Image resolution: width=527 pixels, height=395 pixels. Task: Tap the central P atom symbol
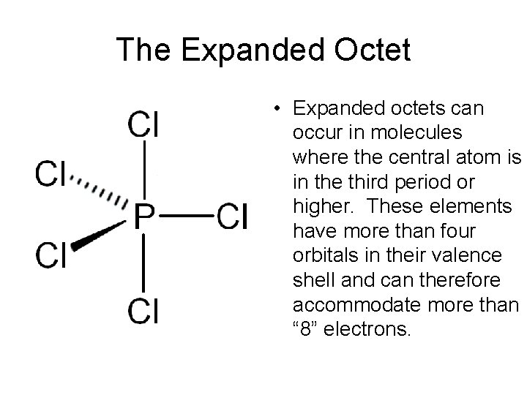(144, 216)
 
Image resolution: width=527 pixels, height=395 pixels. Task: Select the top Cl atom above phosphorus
(143, 124)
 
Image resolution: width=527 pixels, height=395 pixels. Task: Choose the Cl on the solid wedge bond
(52, 255)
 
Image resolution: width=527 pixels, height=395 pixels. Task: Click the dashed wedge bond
(101, 192)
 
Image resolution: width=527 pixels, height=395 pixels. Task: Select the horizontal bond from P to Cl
(187, 216)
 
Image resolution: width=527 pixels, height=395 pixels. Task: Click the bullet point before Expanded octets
(280, 110)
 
